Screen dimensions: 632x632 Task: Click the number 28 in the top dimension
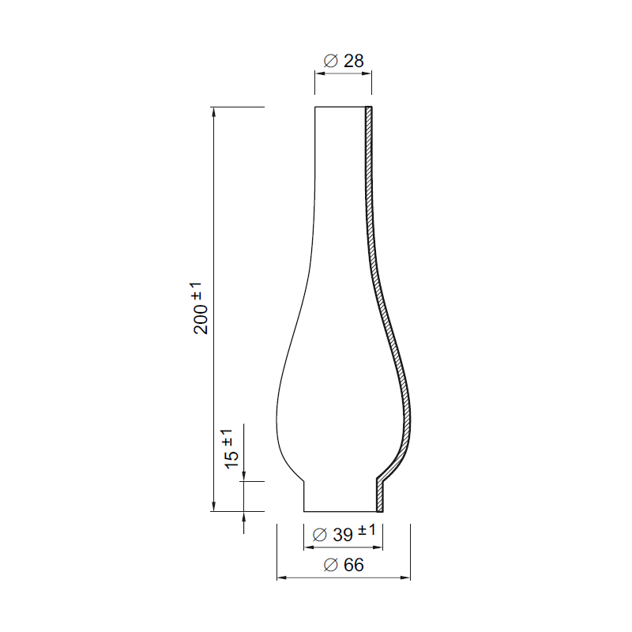tap(353, 60)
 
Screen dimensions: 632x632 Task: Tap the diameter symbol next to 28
tap(332, 60)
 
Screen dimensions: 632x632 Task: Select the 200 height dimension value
tap(202, 318)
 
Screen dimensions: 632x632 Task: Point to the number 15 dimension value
tap(231, 459)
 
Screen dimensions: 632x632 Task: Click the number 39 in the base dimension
tap(342, 535)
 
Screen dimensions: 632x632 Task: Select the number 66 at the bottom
tap(353, 565)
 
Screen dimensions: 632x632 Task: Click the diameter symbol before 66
tap(332, 565)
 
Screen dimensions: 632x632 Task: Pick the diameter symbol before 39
tap(320, 535)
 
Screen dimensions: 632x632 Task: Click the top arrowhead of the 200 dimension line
tap(213, 111)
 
